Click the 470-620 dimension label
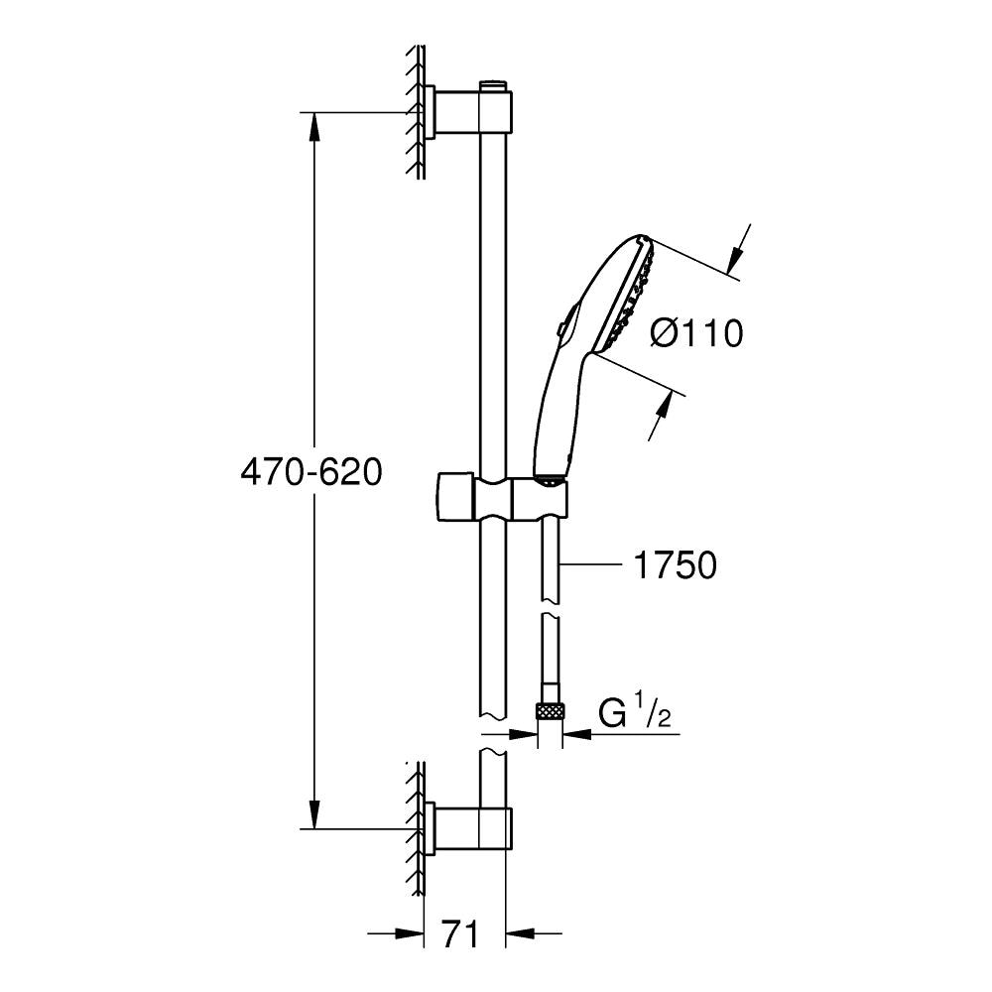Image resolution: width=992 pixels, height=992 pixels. (x=311, y=472)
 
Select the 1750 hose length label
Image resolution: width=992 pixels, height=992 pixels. (x=675, y=564)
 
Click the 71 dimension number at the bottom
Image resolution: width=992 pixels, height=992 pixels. (x=460, y=935)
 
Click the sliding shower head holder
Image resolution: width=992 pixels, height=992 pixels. (x=501, y=500)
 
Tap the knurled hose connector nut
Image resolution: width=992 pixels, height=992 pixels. (x=550, y=711)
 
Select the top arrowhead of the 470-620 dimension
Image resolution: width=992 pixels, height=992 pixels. (x=314, y=127)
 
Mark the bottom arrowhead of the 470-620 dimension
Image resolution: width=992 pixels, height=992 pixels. (x=314, y=814)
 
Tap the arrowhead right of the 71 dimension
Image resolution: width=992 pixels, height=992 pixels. (x=520, y=933)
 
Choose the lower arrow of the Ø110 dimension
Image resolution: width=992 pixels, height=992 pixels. (x=660, y=415)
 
